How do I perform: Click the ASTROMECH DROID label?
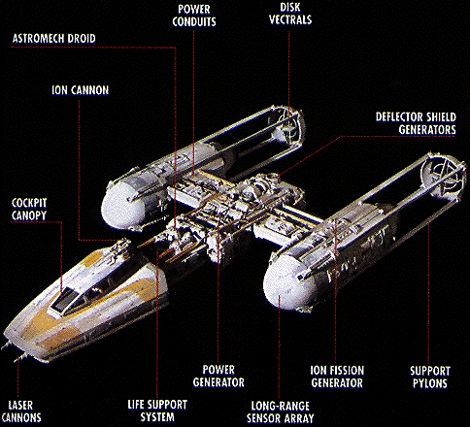54,39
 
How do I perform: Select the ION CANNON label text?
81,90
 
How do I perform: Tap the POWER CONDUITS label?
194,16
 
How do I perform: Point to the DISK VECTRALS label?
290,14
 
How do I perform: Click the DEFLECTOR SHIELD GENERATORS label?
416,123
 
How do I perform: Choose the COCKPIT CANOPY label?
29,210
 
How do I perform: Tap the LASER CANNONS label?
21,411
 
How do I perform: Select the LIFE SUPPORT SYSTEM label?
157,411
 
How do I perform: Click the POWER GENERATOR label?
218,377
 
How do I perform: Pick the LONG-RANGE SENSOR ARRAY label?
281,412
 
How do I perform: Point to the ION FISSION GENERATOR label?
337,377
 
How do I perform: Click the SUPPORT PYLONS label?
430,378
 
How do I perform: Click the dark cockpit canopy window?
67,299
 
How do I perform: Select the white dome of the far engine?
121,202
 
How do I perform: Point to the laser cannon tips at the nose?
13,352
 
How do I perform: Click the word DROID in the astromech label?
81,39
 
